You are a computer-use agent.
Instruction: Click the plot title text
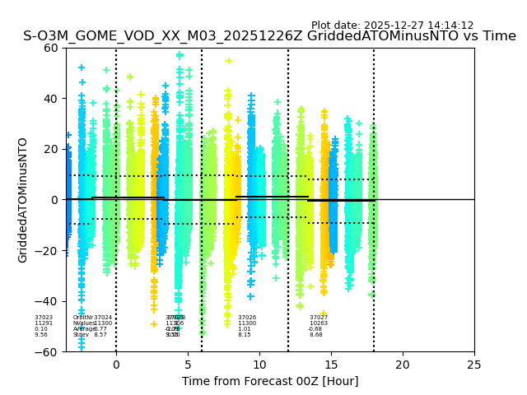[x=269, y=36]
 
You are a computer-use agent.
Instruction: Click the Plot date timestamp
[x=392, y=26]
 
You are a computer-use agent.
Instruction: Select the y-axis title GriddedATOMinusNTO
[x=23, y=200]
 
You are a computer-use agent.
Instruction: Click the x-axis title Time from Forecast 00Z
[x=270, y=381]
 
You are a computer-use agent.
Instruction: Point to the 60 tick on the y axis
[x=51, y=48]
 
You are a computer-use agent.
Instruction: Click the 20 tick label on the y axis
[x=51, y=149]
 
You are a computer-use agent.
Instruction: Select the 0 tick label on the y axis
[x=55, y=200]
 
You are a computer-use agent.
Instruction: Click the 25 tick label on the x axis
[x=474, y=365]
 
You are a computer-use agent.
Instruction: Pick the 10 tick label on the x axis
[x=259, y=365]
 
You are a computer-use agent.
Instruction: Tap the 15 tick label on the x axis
[x=331, y=365]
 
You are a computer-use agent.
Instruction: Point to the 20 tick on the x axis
[x=403, y=365]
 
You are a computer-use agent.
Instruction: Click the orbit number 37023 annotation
[x=44, y=318]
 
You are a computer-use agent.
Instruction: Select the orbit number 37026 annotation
[x=247, y=318]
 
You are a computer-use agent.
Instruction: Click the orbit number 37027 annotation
[x=319, y=318]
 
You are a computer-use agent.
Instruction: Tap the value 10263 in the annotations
[x=319, y=323]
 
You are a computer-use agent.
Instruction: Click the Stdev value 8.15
[x=245, y=335]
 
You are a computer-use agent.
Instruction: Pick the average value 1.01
[x=245, y=329]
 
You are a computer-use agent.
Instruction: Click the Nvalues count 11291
[x=44, y=323]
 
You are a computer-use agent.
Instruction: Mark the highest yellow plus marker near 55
[x=229, y=61]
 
